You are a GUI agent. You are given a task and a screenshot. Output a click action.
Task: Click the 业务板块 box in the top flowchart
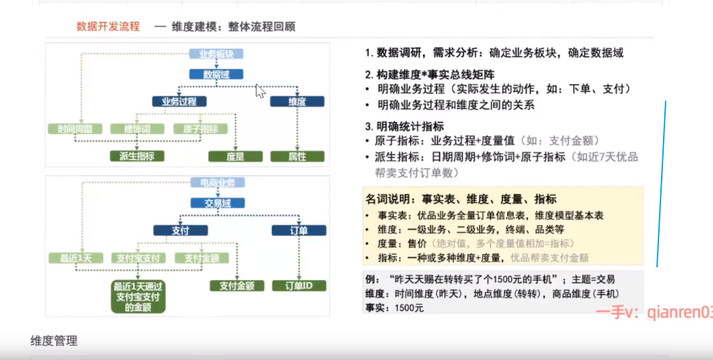217,54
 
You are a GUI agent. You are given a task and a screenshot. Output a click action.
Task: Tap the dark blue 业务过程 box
179,101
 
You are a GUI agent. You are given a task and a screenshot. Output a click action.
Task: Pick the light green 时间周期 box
75,129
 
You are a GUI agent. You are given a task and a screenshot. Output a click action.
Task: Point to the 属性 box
297,157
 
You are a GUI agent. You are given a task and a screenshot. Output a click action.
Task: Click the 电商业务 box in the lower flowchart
217,183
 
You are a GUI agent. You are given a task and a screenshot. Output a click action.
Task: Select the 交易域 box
217,203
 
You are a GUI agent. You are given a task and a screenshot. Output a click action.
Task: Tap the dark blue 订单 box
297,231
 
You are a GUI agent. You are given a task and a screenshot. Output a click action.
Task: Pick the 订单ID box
297,285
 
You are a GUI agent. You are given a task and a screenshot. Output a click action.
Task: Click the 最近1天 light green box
75,258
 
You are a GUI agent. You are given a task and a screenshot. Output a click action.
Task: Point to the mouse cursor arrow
260,91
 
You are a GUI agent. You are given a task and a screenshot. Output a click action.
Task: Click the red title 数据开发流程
108,27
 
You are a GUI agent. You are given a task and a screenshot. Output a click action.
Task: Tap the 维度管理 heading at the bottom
54,341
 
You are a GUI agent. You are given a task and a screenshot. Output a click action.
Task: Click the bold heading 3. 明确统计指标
404,126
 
